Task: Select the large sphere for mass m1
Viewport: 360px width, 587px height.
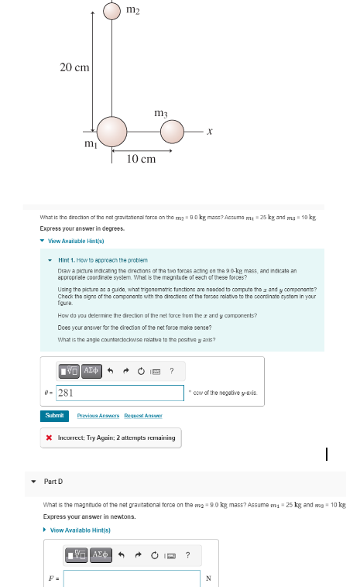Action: tap(111, 130)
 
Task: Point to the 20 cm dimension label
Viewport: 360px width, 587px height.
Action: tap(74, 67)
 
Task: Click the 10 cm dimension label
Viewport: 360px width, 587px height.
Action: tap(141, 159)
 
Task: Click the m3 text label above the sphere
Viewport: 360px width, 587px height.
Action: tap(162, 113)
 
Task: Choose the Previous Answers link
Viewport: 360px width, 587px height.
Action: tap(97, 416)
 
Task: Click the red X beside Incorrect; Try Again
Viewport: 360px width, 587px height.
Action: tap(50, 438)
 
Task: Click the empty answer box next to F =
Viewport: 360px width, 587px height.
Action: tap(132, 578)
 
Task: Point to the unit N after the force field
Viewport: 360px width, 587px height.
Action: tap(207, 578)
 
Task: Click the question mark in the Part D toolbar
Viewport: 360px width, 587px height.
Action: tap(188, 554)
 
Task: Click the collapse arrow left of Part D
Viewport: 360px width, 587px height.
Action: tap(33, 480)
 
